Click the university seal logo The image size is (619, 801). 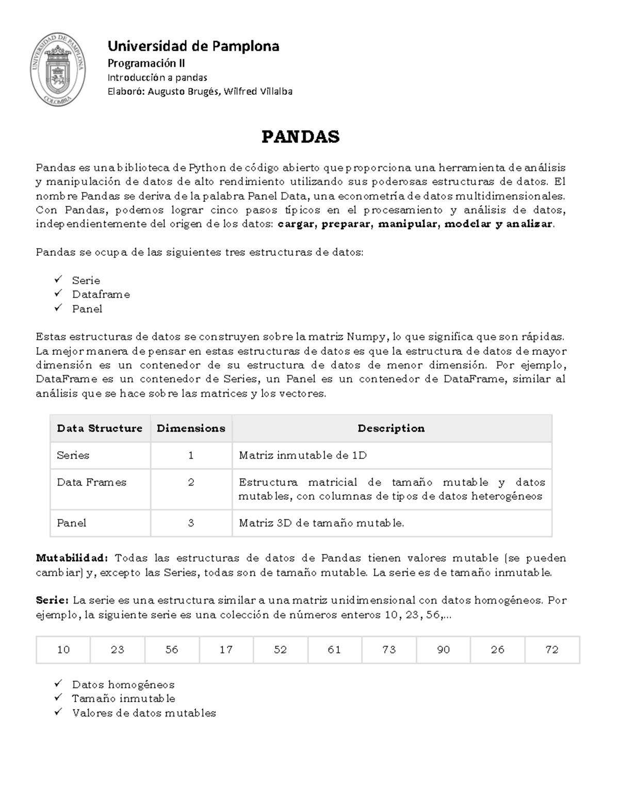point(58,69)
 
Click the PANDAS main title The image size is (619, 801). point(301,137)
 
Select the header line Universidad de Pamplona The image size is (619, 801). point(193,46)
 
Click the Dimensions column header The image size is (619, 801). point(191,428)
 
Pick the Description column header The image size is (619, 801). point(391,428)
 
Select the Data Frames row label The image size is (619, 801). point(91,482)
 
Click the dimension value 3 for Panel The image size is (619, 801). point(191,523)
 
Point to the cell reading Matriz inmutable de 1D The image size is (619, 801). point(303,455)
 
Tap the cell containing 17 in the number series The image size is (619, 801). point(226,649)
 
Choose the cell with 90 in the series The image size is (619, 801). point(444,649)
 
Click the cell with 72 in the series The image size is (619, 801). point(552,649)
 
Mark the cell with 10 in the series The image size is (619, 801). point(63,649)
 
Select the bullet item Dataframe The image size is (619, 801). point(101,295)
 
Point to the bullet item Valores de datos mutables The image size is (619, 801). point(144,713)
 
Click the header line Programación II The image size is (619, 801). point(146,63)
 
